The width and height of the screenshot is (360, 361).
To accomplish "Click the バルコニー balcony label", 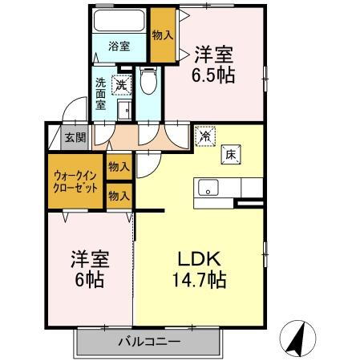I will [x=150, y=340].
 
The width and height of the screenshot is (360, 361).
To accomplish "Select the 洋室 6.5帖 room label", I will [x=214, y=65].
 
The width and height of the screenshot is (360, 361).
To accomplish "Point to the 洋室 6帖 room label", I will [x=89, y=270].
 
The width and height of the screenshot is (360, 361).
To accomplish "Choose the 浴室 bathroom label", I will [x=119, y=46].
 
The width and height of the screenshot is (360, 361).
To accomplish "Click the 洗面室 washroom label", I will [x=101, y=92].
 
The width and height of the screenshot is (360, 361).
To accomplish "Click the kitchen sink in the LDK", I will [x=208, y=189].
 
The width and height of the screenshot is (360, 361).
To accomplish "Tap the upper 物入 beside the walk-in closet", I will [x=119, y=166].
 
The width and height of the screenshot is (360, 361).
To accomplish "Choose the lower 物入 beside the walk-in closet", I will [x=119, y=195].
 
